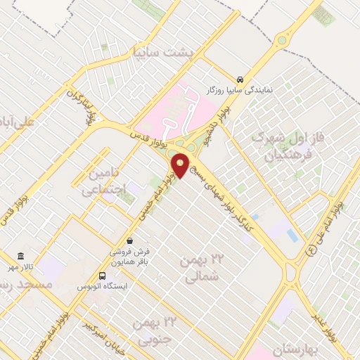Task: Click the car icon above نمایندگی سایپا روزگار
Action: coord(240,79)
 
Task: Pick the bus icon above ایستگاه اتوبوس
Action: coord(103,276)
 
